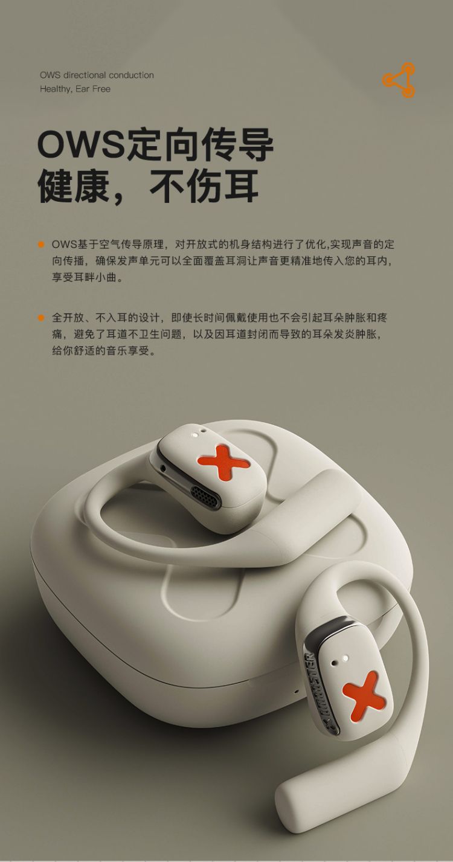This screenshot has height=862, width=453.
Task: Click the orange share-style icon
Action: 399,80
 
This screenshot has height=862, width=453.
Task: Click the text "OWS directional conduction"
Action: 97,75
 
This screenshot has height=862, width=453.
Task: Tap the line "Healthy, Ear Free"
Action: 75,89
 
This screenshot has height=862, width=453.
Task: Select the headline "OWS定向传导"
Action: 155,145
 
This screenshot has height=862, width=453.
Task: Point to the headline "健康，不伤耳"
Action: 148,186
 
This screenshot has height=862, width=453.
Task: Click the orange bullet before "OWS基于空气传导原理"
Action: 41,245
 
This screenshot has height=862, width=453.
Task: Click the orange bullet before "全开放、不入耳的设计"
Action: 41,318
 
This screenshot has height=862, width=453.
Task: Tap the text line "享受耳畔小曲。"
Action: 89,277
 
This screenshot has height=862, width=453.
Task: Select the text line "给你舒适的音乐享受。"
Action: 104,350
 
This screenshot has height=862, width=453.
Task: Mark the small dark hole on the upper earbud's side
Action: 164,468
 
